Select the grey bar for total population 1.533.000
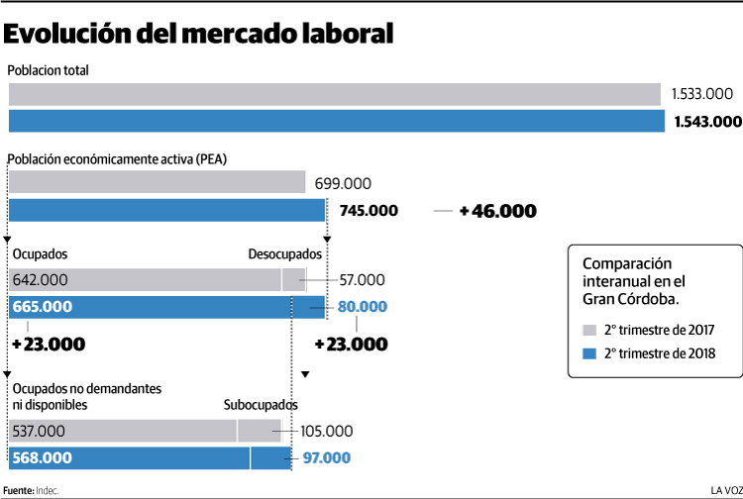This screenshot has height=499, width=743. tap(334, 94)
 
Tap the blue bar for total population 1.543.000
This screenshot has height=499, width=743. tap(336, 121)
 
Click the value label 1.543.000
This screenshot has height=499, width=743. tap(706, 121)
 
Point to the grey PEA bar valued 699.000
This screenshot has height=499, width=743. tap(157, 182)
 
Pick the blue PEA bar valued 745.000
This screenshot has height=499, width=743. tap(166, 210)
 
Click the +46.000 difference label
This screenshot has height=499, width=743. tap(497, 211)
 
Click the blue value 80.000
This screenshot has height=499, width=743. tap(362, 307)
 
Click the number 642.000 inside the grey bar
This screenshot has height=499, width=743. tap(41, 280)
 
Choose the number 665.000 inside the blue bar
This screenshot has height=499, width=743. tap(43, 307)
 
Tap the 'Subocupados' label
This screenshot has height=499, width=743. tap(261, 405)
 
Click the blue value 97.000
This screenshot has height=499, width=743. tap(327, 457)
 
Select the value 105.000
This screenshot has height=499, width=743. tap(326, 431)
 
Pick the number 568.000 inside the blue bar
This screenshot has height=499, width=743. tap(43, 457)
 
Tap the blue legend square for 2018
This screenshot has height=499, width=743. tap(589, 353)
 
